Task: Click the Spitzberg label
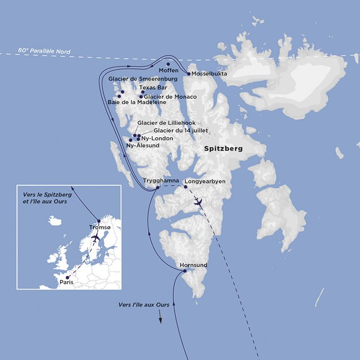tap(223, 149)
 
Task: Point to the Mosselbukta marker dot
tap(189, 74)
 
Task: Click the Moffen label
tap(168, 70)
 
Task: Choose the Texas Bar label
tap(153, 88)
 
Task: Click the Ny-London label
tap(157, 138)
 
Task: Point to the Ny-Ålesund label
tap(143, 146)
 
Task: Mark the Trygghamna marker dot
tap(158, 187)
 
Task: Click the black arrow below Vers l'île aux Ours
tap(160, 319)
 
